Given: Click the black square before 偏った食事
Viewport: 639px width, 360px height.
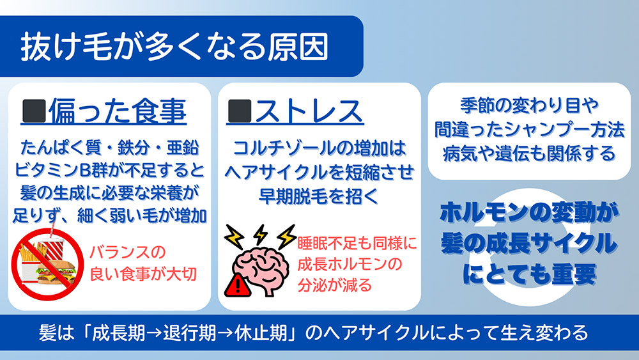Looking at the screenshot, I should coord(34,112).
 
